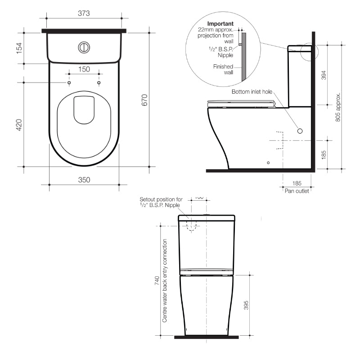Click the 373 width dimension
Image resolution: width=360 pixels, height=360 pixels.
(x=84, y=13)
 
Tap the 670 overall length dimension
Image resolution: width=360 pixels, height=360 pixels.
(x=144, y=99)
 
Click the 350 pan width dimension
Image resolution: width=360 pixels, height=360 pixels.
(x=84, y=180)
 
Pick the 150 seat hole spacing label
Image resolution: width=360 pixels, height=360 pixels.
(x=84, y=69)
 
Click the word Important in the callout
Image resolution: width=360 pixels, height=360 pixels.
(x=220, y=23)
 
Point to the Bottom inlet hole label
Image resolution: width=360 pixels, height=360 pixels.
(x=252, y=92)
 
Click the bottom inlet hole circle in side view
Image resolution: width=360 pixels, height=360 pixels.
(x=300, y=130)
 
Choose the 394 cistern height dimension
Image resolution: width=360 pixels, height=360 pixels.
(x=324, y=75)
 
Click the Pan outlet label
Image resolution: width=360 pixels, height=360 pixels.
(x=297, y=191)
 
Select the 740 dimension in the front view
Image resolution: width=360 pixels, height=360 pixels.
(x=157, y=281)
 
